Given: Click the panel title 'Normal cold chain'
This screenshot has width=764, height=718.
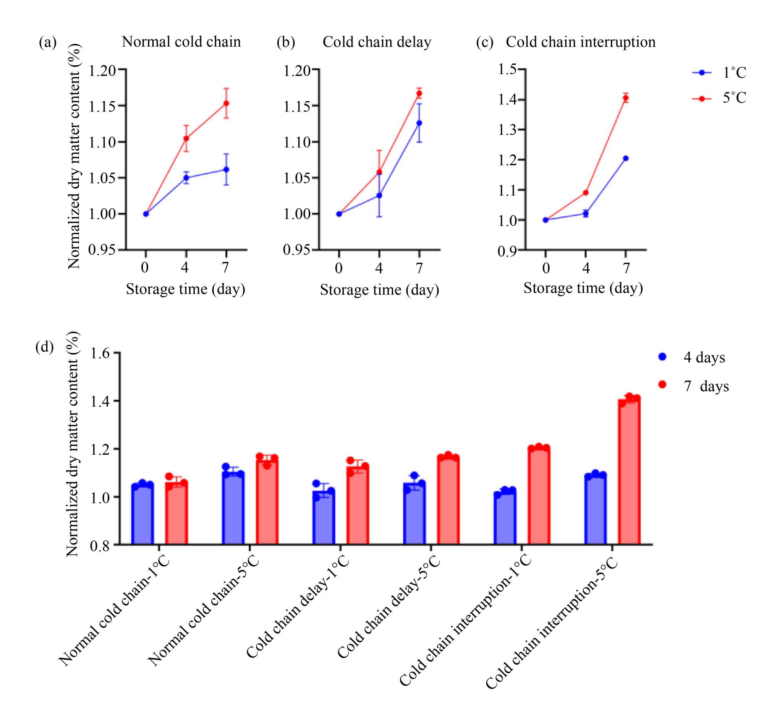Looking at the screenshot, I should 181,42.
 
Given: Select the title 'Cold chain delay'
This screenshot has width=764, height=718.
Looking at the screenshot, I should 377,42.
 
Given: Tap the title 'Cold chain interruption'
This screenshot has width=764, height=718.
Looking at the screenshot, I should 580,42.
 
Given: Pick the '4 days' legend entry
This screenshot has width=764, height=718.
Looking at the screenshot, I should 692,357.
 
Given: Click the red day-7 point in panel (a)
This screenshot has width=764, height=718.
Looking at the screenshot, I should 227,103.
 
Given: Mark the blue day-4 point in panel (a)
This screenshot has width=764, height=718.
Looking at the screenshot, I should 186,178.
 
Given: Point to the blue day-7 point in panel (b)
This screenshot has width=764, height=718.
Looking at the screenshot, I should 419,123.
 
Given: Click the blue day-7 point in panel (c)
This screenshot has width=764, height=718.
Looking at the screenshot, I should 626,158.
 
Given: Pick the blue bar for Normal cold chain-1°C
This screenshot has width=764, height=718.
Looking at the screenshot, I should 142,515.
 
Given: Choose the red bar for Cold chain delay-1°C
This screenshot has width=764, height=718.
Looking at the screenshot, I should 358,506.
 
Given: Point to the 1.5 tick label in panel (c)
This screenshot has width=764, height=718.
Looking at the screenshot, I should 507,69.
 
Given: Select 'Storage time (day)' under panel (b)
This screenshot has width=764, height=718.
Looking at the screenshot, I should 379,289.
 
